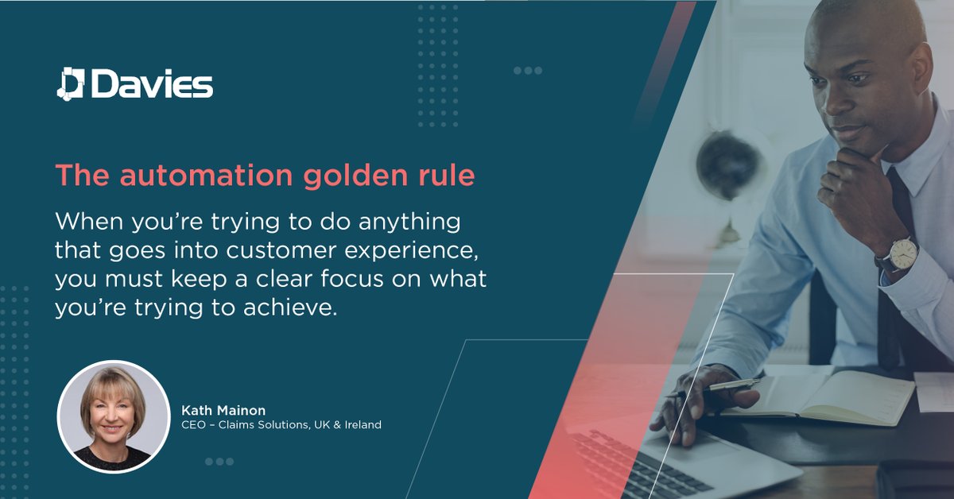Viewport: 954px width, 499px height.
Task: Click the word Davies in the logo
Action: (x=151, y=84)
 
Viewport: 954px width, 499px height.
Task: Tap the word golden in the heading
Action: (x=341, y=176)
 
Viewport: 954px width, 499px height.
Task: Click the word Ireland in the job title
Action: (x=361, y=425)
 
